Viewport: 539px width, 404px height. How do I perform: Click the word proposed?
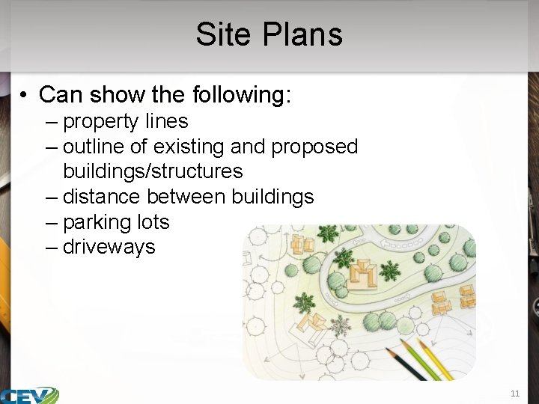point(314,147)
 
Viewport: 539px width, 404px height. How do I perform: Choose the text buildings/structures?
point(153,171)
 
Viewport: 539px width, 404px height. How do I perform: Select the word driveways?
point(109,247)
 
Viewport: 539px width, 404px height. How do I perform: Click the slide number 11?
point(514,393)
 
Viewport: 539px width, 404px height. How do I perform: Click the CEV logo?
point(30,395)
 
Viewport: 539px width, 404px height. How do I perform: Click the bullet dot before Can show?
point(25,96)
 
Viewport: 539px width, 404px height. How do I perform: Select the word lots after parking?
point(153,222)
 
